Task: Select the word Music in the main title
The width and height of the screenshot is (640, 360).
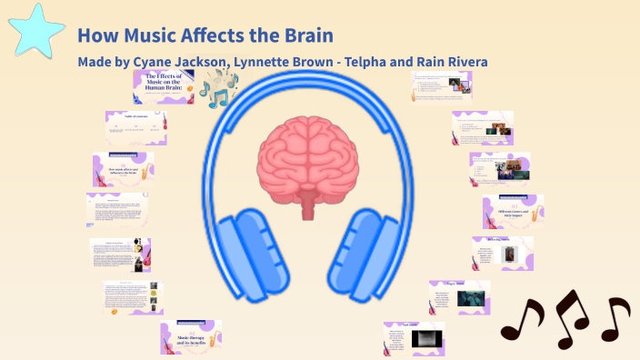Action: coord(148,36)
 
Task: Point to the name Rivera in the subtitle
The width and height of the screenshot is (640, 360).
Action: coord(463,62)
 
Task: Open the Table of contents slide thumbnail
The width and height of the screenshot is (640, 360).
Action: coord(136,127)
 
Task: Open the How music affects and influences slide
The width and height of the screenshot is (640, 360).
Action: coord(123,170)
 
